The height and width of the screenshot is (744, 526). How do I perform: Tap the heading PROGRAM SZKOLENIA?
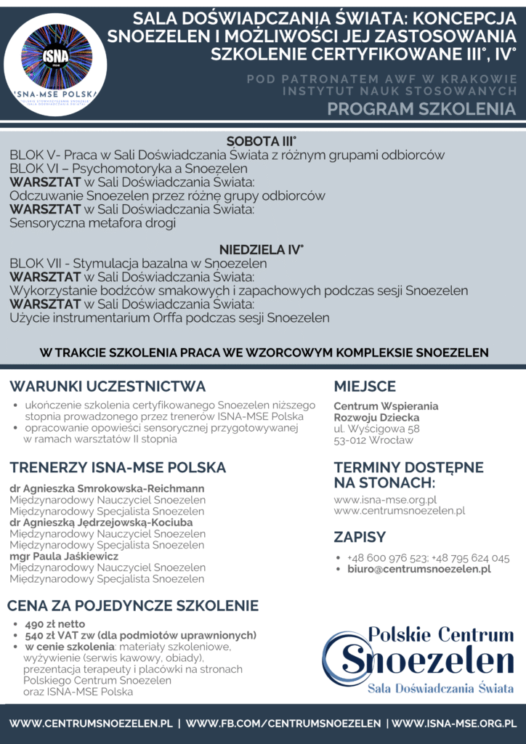tap(421, 109)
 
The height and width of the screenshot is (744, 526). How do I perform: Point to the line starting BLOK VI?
tap(129, 169)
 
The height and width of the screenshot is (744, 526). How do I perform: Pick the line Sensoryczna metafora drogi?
tap(92, 223)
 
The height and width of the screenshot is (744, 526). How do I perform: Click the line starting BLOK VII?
tap(138, 263)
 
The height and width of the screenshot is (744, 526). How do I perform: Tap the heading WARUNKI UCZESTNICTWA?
tap(108, 387)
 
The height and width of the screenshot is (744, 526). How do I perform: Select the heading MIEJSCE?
tap(365, 387)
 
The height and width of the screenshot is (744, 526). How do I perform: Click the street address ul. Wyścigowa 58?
tap(376, 429)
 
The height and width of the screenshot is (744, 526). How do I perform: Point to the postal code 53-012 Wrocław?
tap(373, 440)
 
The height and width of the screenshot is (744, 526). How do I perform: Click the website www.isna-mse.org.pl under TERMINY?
tap(385, 499)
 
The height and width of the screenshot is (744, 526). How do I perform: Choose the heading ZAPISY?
tap(360, 538)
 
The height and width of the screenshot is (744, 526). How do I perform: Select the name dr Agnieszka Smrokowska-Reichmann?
tap(107, 488)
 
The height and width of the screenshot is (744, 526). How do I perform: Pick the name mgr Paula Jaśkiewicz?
tap(64, 556)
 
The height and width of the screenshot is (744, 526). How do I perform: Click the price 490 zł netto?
tap(55, 624)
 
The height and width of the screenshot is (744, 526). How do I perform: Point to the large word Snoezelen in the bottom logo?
tap(428, 660)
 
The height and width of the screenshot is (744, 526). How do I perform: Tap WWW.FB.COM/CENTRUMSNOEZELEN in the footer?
tap(283, 724)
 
